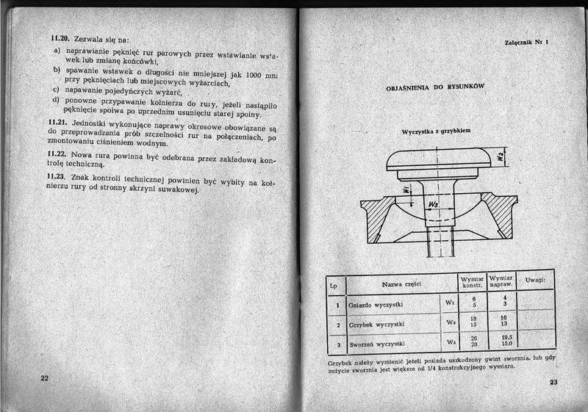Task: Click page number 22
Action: point(44,377)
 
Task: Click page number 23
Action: point(553,383)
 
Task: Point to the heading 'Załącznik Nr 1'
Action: point(527,43)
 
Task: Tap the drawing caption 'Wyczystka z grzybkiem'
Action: point(436,132)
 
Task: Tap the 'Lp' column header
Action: point(334,285)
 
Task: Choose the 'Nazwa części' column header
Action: point(401,285)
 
